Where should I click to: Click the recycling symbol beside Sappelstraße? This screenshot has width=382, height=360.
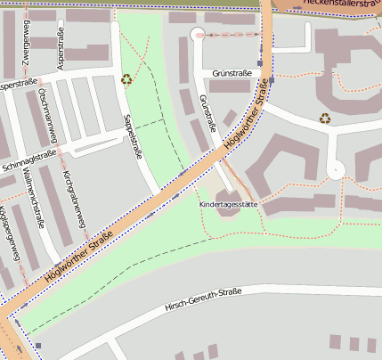point(126,79)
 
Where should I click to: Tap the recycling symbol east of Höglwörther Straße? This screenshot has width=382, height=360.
point(326,118)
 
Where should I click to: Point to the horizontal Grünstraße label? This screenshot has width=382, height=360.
point(232,73)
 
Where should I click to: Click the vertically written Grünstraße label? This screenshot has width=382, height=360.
point(207,113)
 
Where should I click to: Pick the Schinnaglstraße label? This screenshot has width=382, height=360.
point(29,160)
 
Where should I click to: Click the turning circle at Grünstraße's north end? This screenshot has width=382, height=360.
point(198,35)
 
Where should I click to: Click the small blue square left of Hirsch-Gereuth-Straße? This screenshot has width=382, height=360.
point(38,346)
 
